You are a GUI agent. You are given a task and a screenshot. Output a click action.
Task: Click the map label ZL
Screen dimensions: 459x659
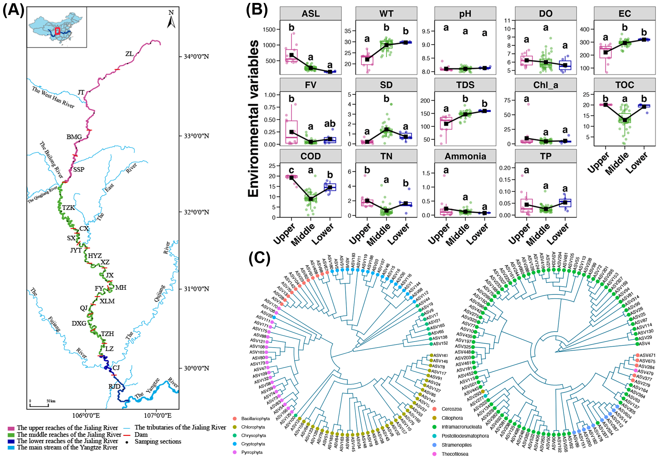tap(129, 54)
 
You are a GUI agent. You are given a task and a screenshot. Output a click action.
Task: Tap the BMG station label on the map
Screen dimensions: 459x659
tap(74, 137)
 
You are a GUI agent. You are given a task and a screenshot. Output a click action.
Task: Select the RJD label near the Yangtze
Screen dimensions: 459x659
tap(114, 386)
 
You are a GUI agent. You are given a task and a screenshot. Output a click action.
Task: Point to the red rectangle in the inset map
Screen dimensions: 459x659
tap(57, 31)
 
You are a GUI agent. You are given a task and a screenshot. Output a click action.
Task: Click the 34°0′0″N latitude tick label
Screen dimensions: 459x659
tap(196, 57)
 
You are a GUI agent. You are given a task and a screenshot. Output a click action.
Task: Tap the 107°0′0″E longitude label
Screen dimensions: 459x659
tap(158, 416)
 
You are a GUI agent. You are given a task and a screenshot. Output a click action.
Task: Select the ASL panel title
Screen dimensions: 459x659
tap(311, 14)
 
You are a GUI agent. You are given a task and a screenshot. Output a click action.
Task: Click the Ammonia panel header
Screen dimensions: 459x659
tap(465, 156)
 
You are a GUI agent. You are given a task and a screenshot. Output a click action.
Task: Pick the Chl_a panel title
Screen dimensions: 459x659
tap(546, 85)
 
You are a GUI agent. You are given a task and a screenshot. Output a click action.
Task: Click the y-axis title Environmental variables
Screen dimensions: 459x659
tap(253, 118)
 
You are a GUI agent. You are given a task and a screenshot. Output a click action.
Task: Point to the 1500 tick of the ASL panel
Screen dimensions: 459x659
tap(269, 29)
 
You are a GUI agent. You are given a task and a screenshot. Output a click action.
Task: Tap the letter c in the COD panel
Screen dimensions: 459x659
tap(291, 170)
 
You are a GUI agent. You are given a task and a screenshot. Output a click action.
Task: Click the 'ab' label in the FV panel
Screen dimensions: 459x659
tap(330, 124)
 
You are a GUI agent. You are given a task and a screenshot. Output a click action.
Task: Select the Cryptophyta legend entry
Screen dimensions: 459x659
tap(253, 444)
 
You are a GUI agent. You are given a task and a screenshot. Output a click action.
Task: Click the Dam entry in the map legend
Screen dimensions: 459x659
tap(141, 435)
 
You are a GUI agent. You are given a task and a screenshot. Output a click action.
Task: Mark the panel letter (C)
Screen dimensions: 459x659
tap(259, 258)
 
